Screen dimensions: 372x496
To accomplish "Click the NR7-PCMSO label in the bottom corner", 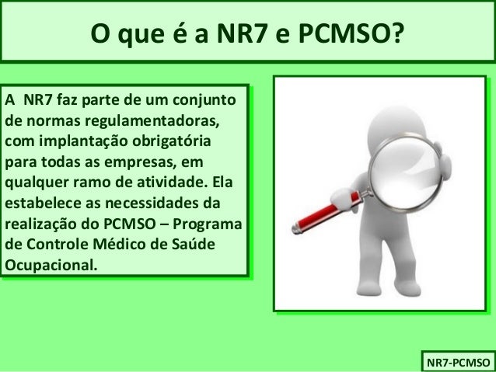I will coord(455,361).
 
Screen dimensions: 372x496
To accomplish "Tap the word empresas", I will coord(146,163).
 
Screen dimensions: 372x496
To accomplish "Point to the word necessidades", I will coord(147,205).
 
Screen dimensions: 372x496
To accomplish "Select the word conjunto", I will coord(211,100).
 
